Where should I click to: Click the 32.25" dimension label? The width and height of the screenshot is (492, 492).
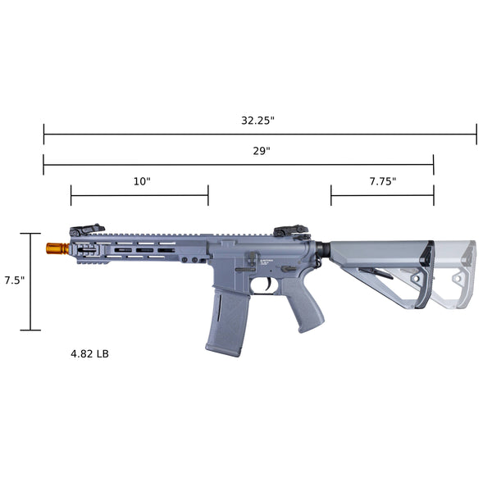coord(257,120)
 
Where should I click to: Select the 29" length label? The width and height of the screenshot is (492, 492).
coord(262,151)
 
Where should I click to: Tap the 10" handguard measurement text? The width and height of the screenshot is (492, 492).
coord(142,181)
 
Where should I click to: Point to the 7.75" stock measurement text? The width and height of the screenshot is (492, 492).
coord(382,181)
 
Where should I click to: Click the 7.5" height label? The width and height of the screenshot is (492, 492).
coord(14,280)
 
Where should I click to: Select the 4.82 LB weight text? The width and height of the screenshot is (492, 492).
coord(89,354)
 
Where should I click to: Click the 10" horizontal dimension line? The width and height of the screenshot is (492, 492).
coord(139,195)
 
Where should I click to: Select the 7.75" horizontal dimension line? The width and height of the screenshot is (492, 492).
coord(382,195)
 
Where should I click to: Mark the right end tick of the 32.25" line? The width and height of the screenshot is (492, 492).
coord(476,134)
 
